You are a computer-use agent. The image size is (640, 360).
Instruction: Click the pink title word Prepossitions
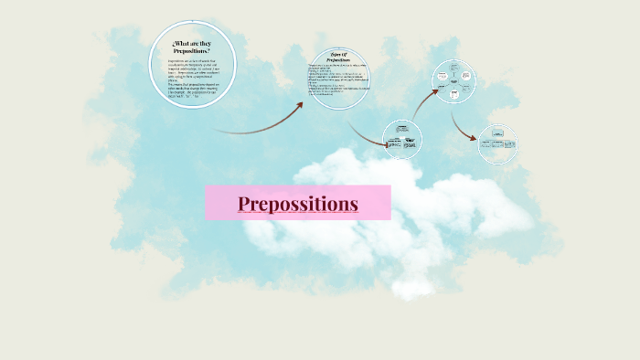[x=297, y=203]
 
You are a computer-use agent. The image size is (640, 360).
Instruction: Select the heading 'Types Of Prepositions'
[x=339, y=57]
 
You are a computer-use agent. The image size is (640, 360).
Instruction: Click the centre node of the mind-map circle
[x=453, y=80]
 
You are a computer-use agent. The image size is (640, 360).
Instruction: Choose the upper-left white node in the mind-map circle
[x=443, y=74]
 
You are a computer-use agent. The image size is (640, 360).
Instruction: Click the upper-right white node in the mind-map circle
[x=465, y=74]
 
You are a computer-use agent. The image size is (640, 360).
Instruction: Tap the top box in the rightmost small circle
[x=498, y=134]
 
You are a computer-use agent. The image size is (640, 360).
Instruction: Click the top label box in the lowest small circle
[x=402, y=130]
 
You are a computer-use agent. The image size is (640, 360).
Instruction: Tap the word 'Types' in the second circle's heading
[x=332, y=54]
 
